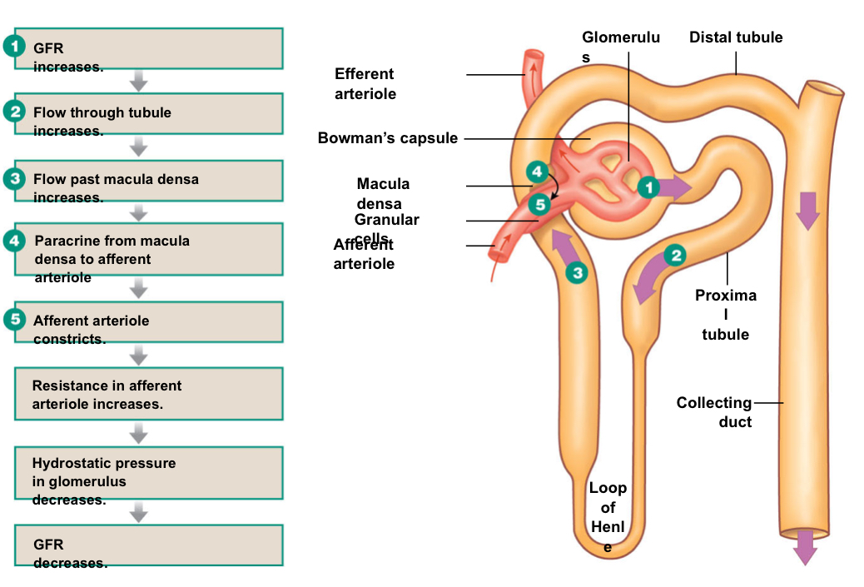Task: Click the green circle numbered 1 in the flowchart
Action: (15, 47)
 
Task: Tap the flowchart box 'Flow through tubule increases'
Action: (148, 114)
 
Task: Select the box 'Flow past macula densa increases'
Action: (148, 181)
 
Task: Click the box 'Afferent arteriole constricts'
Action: (148, 322)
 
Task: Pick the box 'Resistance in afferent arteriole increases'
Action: (148, 395)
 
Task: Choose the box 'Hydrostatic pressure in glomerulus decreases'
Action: (148, 472)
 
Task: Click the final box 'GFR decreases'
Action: (148, 545)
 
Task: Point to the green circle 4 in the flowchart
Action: (15, 241)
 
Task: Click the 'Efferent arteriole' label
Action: (365, 84)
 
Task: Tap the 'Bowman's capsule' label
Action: (388, 138)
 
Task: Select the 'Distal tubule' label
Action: (736, 37)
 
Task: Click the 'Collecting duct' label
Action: (714, 412)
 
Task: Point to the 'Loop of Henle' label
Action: (608, 517)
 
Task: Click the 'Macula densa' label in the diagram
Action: (383, 193)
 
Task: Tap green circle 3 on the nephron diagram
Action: (575, 271)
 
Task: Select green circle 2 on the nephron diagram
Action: (676, 255)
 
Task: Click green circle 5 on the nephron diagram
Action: (539, 203)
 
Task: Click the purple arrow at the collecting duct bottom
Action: (805, 547)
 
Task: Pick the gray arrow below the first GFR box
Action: (139, 81)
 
